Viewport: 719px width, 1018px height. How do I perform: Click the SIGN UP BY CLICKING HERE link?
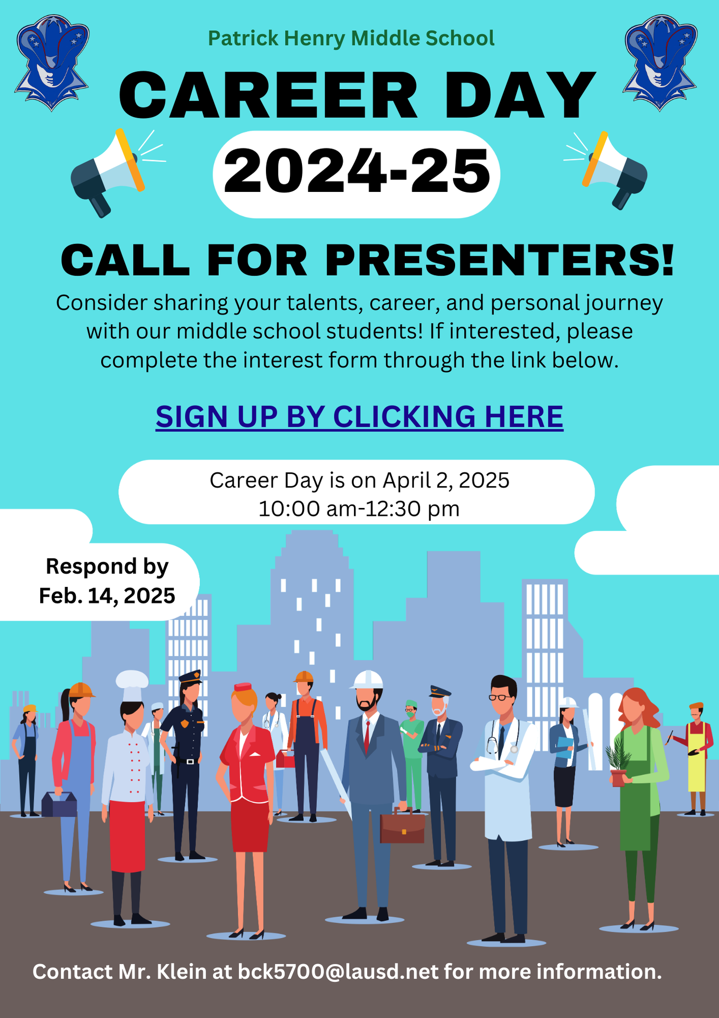coord(359,417)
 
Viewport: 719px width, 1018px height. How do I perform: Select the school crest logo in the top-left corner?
coord(51,63)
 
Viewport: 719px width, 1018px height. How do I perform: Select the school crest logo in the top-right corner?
coord(660,63)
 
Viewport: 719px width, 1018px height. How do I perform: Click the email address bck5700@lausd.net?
coord(338,972)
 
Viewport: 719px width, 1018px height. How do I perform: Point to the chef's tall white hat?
coord(132,684)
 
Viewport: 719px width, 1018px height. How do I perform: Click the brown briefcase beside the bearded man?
coord(402,826)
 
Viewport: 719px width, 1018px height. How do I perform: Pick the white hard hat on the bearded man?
coord(367,680)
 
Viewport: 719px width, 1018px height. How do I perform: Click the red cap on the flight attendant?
coord(243,687)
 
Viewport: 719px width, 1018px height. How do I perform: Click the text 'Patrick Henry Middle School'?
coord(351,38)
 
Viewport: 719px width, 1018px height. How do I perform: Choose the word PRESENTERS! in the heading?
coord(500,260)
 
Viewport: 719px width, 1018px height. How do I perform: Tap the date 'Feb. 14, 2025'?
coord(107,595)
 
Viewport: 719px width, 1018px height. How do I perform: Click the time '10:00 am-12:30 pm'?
coord(359,508)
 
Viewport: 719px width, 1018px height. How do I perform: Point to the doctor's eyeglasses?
coord(501,697)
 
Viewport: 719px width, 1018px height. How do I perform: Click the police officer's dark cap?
coord(190,677)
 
